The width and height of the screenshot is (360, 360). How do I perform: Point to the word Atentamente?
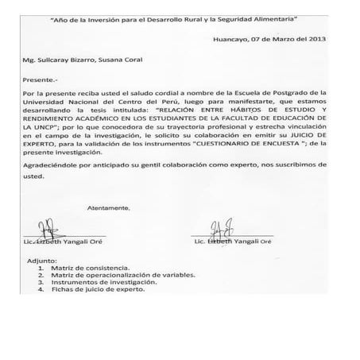pyautogui.click(x=108, y=208)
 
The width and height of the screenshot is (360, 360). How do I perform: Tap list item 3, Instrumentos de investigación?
pyautogui.click(x=99, y=283)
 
